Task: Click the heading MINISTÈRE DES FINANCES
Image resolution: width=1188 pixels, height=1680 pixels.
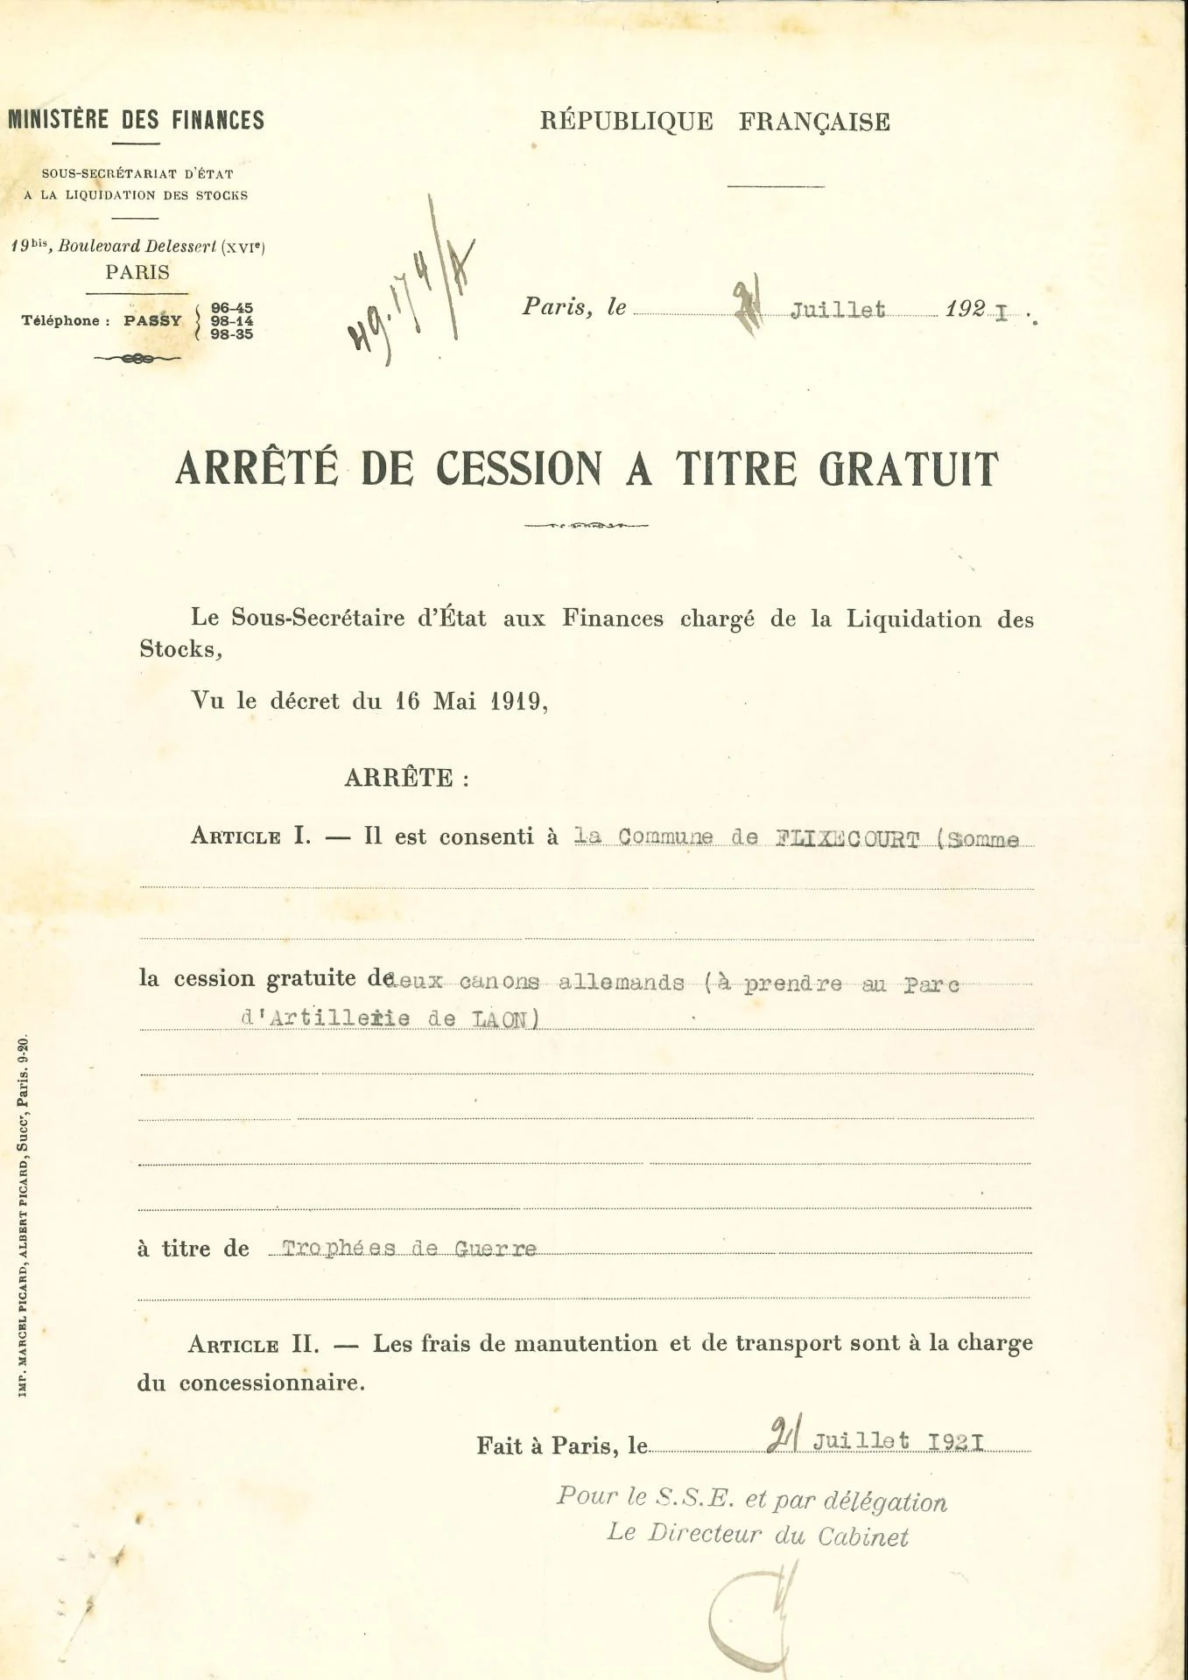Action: (x=136, y=120)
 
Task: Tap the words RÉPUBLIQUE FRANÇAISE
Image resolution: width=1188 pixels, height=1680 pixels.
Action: (x=714, y=122)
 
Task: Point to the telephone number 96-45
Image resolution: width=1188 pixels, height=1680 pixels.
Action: (x=232, y=308)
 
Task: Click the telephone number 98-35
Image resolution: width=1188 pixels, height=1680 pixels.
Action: (x=232, y=334)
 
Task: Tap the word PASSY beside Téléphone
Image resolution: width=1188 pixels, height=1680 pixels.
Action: (x=152, y=321)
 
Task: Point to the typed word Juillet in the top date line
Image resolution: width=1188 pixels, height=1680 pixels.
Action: (x=838, y=311)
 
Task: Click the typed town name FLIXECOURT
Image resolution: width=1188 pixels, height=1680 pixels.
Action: (x=847, y=839)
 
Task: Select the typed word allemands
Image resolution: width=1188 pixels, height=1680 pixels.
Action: (x=621, y=983)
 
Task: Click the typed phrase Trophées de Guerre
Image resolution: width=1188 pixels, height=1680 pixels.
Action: (x=409, y=1249)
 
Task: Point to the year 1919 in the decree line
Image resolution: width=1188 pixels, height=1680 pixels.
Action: (x=516, y=702)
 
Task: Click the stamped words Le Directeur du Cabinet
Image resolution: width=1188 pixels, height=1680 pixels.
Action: (x=757, y=1536)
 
